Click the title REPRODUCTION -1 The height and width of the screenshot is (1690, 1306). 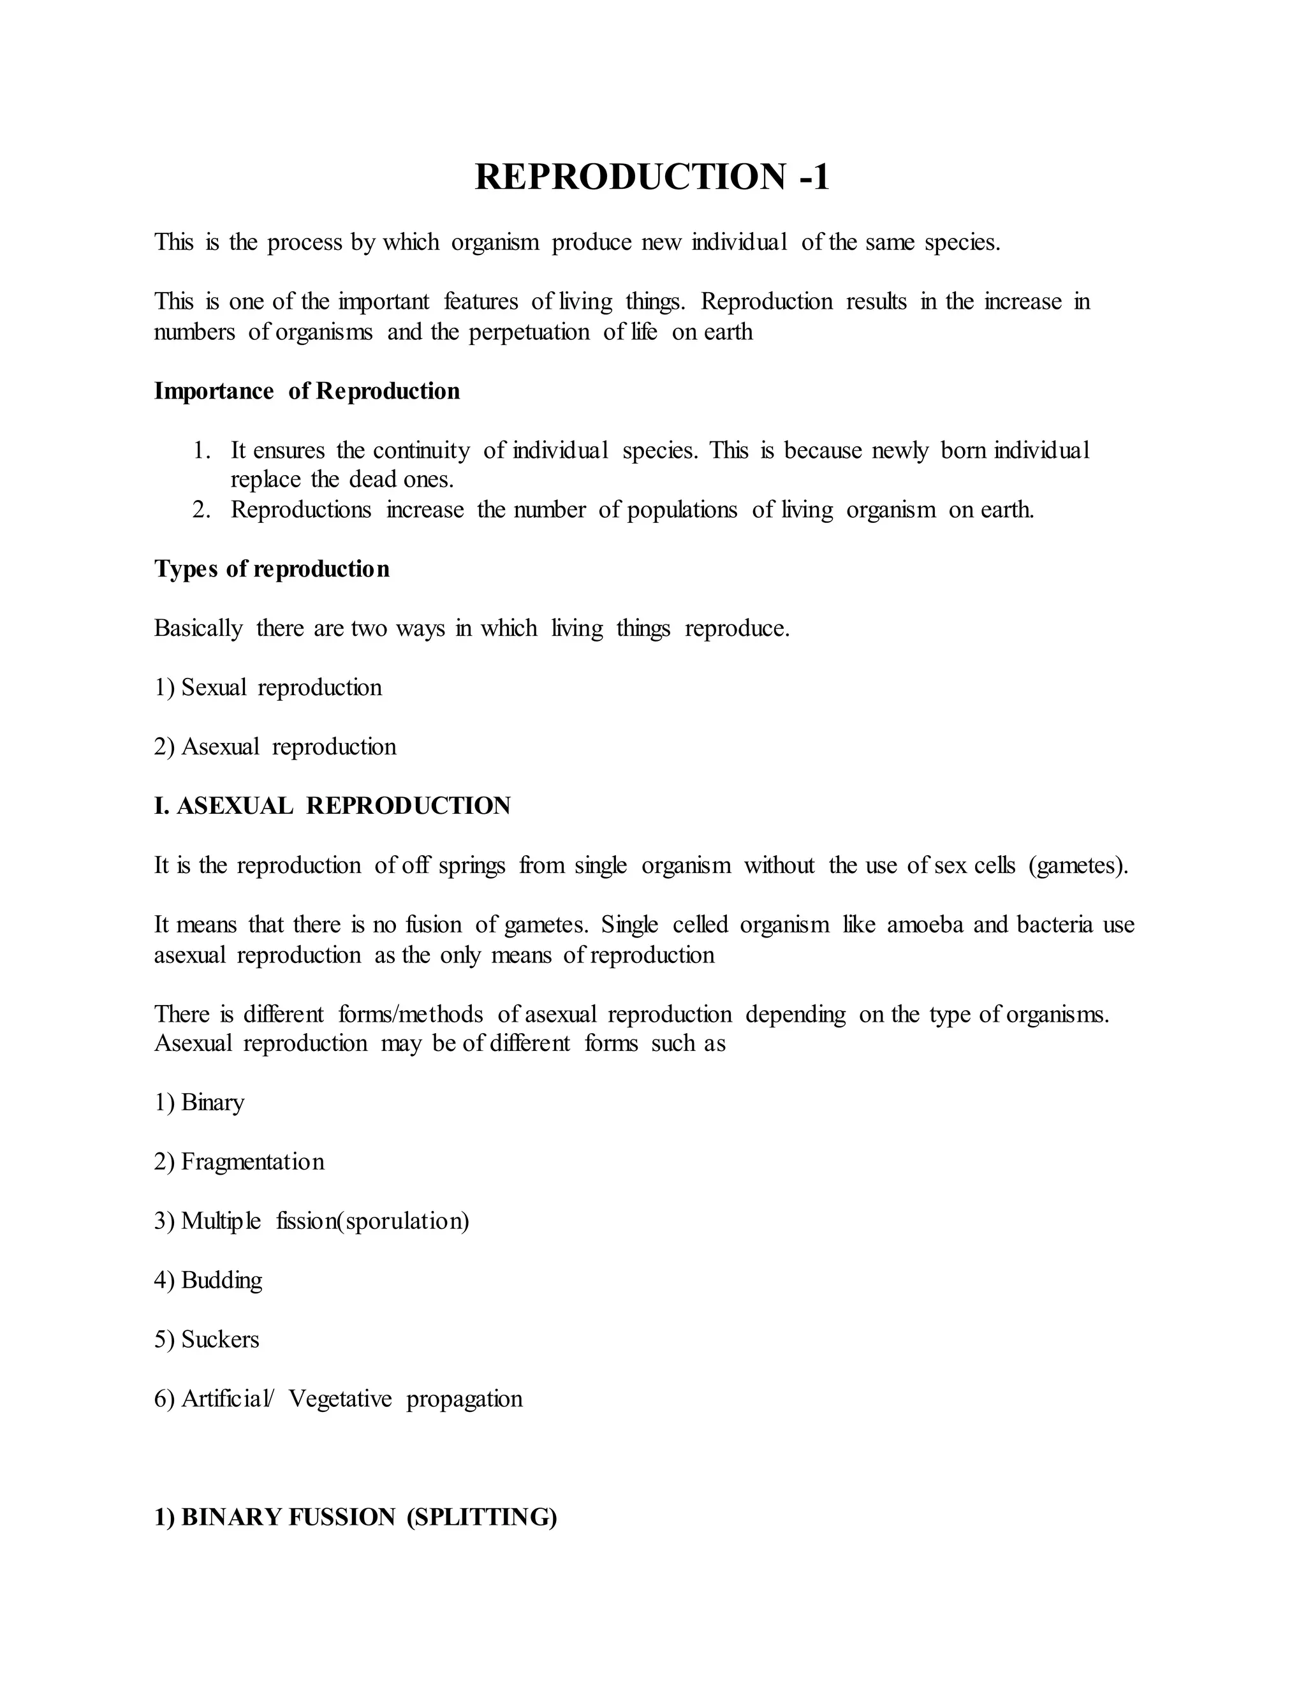[652, 177]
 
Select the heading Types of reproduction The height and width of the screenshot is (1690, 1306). [272, 569]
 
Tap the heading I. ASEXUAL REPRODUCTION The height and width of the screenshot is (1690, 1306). [332, 805]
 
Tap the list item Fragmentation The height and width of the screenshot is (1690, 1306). [253, 1161]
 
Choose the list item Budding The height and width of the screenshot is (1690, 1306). [221, 1280]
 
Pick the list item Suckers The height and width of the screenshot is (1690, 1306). [220, 1339]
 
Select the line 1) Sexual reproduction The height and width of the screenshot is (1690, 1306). [268, 688]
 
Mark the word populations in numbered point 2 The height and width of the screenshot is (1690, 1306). [682, 511]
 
